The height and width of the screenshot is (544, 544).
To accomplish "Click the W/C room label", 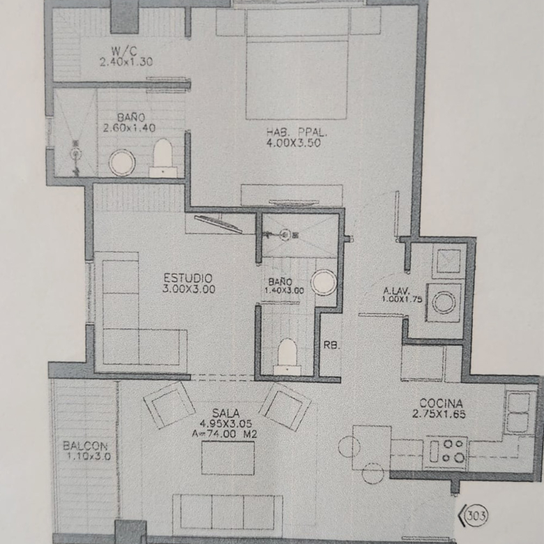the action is (124, 52).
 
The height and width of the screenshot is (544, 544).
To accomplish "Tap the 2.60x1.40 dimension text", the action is (129, 128).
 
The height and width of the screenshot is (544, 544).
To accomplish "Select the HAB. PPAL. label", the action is (296, 133).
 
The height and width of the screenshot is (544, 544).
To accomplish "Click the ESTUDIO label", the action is (188, 278).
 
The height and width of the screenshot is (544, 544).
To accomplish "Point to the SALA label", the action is (226, 413).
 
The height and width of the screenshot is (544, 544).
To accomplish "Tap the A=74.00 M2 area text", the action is (225, 434).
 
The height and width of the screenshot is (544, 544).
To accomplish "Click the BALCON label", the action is (85, 446).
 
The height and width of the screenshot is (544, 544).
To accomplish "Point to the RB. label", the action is (332, 345).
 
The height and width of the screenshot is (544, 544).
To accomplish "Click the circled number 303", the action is (476, 515).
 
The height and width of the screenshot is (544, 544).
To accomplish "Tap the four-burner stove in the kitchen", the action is (446, 451).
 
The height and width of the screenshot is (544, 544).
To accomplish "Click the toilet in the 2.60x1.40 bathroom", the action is (163, 158).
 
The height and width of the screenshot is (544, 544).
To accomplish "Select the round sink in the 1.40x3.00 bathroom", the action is (324, 282).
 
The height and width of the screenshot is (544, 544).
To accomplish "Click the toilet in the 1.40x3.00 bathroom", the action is (287, 356).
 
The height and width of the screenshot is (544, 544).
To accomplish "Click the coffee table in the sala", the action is (228, 458).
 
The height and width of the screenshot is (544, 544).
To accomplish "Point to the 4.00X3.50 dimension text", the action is (294, 143).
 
